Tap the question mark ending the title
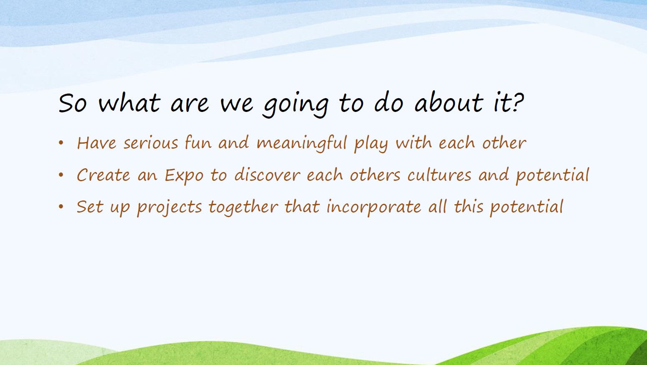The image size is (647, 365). [517, 102]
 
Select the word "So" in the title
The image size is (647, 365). [73, 103]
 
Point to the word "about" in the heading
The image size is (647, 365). [449, 102]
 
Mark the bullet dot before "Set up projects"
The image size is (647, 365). [61, 207]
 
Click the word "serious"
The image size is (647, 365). [151, 143]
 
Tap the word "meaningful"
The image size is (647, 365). [302, 144]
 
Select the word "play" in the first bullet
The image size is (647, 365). [371, 144]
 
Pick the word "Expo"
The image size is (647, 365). [184, 176]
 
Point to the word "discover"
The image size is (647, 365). [267, 175]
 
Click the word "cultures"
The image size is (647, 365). [439, 175]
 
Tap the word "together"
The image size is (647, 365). [243, 208]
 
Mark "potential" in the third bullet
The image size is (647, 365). [527, 208]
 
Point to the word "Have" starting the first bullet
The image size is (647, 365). [96, 143]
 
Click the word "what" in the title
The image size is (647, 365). [129, 103]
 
